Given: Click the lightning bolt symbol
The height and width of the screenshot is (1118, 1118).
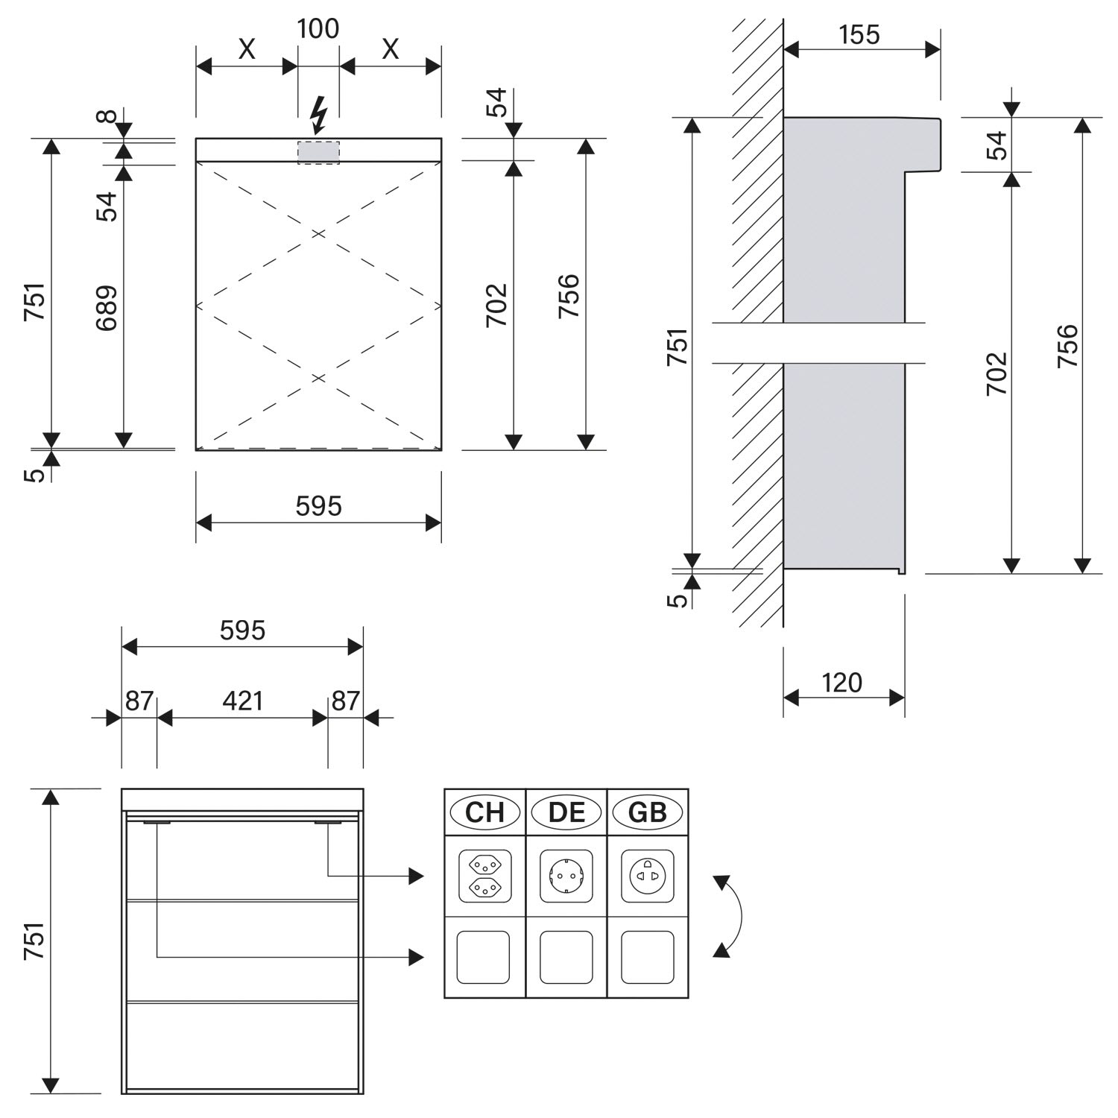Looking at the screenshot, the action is [x=319, y=115].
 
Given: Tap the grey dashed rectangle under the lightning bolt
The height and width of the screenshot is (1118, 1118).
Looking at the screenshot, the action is [x=318, y=152].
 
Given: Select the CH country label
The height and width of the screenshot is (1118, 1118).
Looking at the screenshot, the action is [x=485, y=812].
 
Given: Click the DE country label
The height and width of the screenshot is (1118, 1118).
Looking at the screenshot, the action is [x=566, y=812].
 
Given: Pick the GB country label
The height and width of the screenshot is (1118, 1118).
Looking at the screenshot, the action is [x=648, y=812].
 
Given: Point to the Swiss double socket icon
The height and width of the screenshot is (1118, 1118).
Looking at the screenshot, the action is [x=485, y=876].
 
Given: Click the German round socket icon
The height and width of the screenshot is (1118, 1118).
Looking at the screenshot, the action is [x=566, y=876].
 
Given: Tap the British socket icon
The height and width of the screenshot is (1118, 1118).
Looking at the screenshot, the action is [x=648, y=876].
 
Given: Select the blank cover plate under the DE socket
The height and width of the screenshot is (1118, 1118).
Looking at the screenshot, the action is [x=566, y=957].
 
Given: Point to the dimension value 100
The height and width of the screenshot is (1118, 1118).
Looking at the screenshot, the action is [x=318, y=28].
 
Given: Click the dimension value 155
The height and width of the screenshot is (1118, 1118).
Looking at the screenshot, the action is [x=859, y=34].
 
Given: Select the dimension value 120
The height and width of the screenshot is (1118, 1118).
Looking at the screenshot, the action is [x=842, y=683].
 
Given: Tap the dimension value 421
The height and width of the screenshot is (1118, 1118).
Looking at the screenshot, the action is [x=243, y=701].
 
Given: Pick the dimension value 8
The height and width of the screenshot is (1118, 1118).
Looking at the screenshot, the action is [x=107, y=116].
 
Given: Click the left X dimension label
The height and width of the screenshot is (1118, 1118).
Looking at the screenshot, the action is [x=247, y=49].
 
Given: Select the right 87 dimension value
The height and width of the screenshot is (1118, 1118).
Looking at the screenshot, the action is [x=346, y=701].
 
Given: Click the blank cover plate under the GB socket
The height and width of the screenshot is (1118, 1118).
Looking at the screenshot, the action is [x=648, y=957].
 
